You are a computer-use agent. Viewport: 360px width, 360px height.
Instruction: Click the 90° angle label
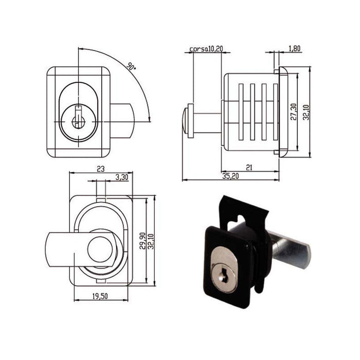pos(132,66)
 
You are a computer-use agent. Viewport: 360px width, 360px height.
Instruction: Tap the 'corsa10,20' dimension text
pos(206,49)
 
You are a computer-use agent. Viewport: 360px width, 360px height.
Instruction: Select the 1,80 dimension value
pos(294,48)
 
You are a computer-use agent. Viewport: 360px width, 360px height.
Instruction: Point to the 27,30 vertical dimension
pos(294,112)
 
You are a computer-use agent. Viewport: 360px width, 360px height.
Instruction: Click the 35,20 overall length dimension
pos(230,176)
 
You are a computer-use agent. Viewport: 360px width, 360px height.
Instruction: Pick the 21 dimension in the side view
pos(249,168)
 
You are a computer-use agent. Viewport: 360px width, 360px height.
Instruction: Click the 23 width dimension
pos(101,169)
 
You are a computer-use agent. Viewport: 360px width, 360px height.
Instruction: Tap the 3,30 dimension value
pos(122,177)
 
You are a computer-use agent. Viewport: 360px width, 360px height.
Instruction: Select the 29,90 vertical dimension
pos(142,241)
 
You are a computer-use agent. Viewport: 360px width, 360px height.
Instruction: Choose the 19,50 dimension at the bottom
pos(100,296)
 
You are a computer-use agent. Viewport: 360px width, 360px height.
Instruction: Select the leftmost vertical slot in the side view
pos(241,112)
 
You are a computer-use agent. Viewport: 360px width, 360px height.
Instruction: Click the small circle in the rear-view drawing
pos(100,249)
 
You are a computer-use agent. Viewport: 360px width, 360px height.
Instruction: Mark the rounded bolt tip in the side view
pos(185,121)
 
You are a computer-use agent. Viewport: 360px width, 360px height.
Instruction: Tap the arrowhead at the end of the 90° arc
pos(150,119)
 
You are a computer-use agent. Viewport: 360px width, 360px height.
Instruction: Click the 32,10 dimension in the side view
pos(306,112)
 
